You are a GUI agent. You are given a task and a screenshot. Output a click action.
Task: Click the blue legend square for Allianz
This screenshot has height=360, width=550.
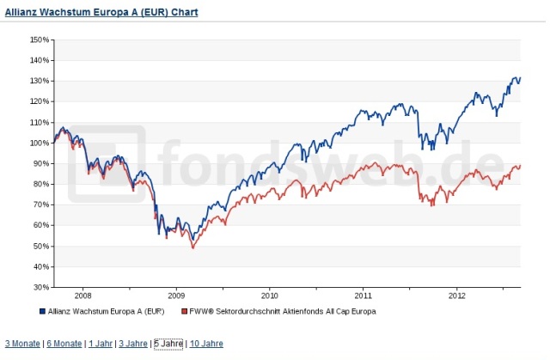(x=42, y=310)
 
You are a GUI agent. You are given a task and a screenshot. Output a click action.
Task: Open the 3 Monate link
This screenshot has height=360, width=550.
(x=22, y=344)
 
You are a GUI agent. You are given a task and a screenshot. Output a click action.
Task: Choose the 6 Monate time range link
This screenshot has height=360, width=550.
(x=64, y=344)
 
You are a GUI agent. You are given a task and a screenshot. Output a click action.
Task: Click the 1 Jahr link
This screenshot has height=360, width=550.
(x=101, y=344)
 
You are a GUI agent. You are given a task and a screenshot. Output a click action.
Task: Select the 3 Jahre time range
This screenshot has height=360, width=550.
(x=133, y=344)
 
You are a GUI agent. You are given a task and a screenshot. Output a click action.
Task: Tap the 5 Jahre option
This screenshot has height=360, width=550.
(x=168, y=344)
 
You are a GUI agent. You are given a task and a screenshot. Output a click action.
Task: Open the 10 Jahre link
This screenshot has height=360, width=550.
(x=206, y=344)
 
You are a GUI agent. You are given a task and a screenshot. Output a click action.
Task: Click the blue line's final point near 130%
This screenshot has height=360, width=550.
(x=520, y=78)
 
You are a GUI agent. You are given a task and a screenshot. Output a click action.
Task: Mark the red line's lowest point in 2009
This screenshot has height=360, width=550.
(x=192, y=248)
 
